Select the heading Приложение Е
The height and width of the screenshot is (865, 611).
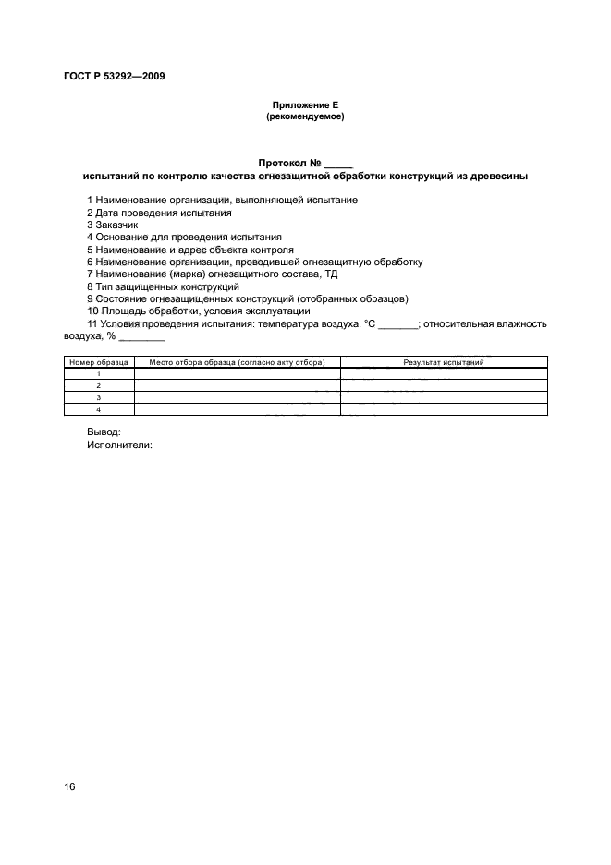coord(305,106)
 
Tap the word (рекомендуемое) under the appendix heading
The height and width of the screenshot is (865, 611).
coord(305,116)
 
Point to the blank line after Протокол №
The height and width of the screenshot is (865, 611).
coord(339,164)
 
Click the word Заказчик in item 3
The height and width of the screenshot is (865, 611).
coord(116,225)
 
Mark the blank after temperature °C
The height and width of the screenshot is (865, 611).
coord(399,325)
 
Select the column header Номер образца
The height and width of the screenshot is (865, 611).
coord(99,363)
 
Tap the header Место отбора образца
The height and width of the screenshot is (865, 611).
coord(237,363)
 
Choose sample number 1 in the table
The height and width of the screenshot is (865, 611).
coord(99,373)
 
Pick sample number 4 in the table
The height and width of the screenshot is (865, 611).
coord(99,408)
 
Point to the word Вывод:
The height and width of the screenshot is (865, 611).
coord(104,431)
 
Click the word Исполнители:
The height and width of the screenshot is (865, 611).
coord(119,444)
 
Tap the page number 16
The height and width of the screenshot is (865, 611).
coord(69,786)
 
